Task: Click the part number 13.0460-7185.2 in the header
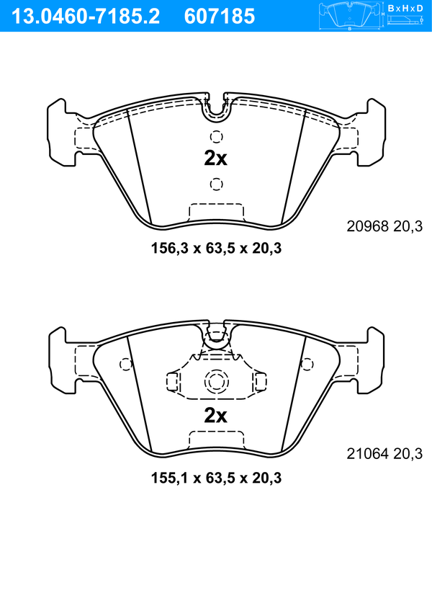tap(86, 17)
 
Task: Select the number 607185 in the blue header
tap(220, 17)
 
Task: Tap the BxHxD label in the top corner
tap(405, 8)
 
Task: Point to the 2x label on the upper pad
tap(215, 159)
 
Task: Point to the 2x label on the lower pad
tap(215, 416)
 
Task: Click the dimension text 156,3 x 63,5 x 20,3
tap(216, 248)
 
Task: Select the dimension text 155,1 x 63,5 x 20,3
tap(216, 478)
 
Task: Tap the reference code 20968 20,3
tap(384, 226)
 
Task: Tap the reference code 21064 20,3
tap(384, 453)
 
